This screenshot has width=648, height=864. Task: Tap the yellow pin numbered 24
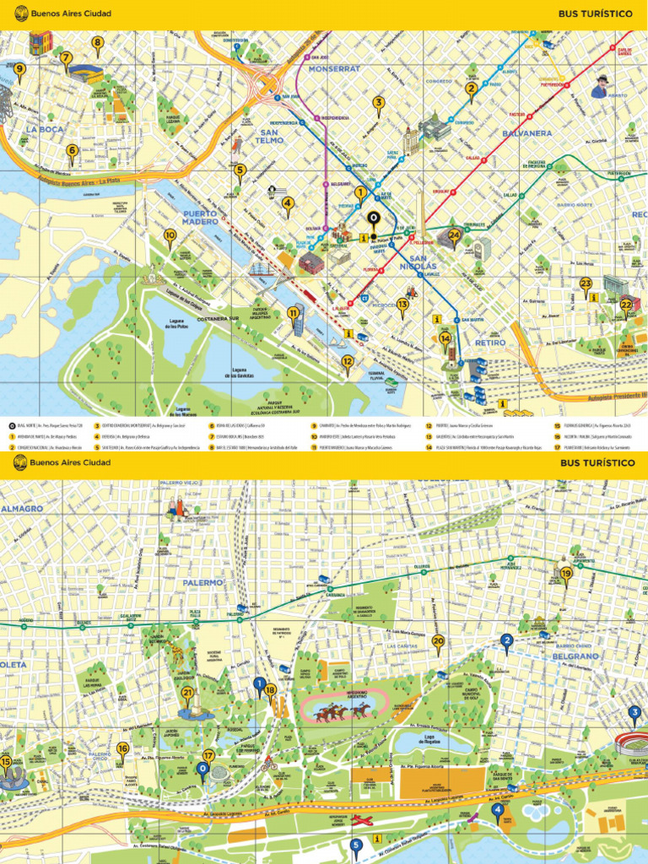(455, 235)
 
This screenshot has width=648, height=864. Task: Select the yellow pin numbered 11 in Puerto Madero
(293, 314)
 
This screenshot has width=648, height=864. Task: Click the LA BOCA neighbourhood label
(44, 129)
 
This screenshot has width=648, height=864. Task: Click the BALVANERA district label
(526, 133)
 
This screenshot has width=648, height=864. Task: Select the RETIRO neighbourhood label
(489, 343)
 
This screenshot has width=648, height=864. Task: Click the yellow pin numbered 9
(19, 71)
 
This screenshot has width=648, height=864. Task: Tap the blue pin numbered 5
(356, 845)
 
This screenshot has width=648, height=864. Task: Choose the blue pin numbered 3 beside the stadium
(634, 714)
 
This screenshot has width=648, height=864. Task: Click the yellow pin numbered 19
(566, 575)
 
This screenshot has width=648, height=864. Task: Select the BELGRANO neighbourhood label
(575, 655)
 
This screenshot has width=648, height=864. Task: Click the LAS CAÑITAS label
(401, 646)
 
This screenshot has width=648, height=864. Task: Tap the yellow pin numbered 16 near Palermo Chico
(123, 749)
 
